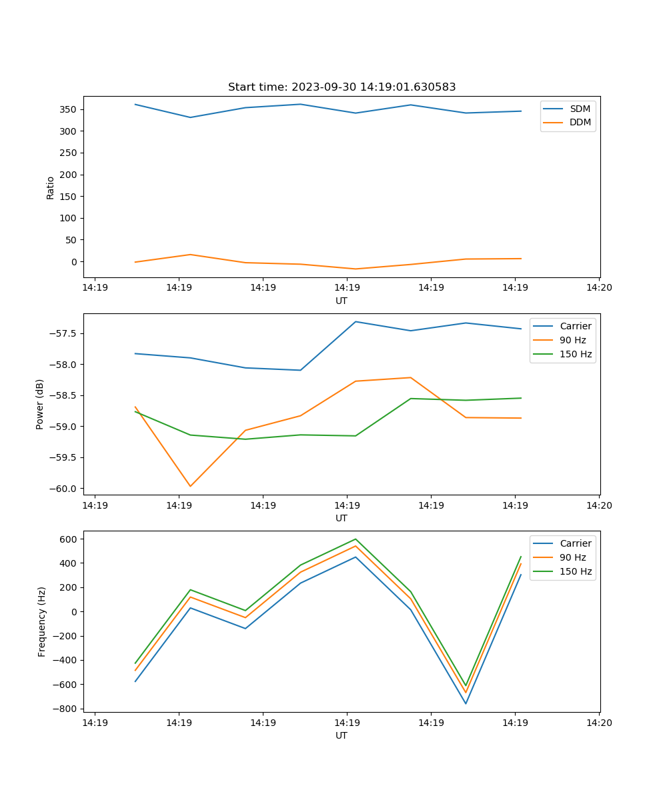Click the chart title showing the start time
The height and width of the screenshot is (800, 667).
tap(342, 87)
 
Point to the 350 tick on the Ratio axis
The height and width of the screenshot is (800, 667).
tap(69, 109)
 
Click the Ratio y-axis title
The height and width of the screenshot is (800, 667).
tap(51, 188)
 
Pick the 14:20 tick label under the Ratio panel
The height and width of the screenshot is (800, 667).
tap(598, 288)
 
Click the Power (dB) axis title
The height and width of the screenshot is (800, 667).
tap(40, 404)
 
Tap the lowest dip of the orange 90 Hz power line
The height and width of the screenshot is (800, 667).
tap(190, 486)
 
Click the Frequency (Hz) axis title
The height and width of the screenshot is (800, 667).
tap(42, 621)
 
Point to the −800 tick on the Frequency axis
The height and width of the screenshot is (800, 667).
tap(65, 709)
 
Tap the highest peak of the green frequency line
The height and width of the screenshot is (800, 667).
tap(356, 539)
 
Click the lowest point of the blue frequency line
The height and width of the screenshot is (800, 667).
tap(466, 703)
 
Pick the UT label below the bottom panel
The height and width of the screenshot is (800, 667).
tap(342, 735)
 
